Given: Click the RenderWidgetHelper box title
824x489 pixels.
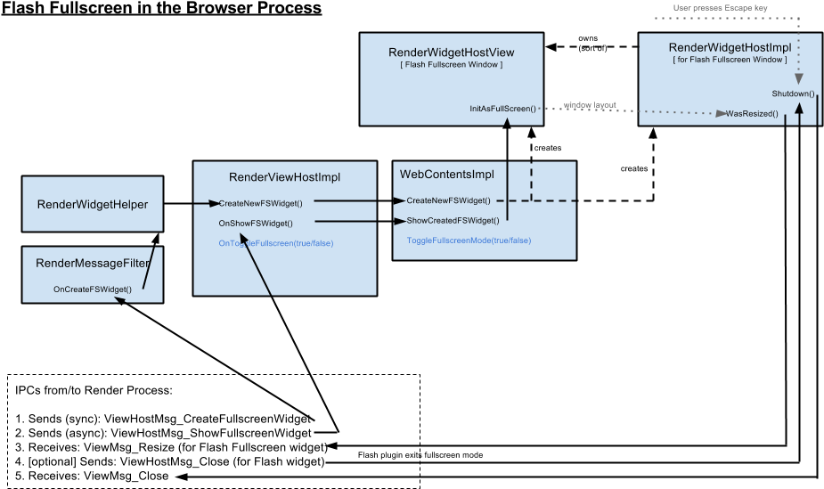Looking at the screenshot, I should click(x=93, y=205).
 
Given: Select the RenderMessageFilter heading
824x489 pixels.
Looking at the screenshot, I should click(x=92, y=263).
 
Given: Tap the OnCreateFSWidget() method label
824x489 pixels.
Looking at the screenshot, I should click(x=93, y=289).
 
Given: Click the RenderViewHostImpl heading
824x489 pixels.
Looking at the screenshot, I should click(x=284, y=177).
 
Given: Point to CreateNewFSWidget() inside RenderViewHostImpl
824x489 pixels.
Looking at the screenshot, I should click(x=260, y=203).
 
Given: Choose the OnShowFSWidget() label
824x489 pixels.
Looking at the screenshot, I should click(x=256, y=223).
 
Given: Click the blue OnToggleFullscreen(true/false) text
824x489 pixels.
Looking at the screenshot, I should click(x=276, y=243).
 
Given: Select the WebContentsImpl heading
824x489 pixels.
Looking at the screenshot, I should click(x=447, y=175).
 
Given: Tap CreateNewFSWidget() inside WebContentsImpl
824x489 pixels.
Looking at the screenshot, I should click(x=448, y=200).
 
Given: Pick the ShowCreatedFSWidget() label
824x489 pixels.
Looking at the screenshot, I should click(x=453, y=220).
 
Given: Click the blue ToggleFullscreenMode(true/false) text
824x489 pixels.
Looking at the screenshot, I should click(x=469, y=240).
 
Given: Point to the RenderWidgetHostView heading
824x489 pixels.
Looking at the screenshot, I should click(x=451, y=53).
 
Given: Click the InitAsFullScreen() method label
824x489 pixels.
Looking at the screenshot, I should click(x=502, y=109).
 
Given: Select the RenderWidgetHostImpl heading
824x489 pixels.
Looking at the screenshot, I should click(x=730, y=47).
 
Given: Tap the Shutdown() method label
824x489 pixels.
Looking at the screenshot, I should click(x=793, y=94).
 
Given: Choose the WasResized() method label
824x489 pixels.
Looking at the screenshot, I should click(x=752, y=114).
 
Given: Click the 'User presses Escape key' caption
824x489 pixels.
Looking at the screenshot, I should click(x=720, y=8).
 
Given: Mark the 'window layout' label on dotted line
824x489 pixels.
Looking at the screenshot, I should click(x=590, y=105).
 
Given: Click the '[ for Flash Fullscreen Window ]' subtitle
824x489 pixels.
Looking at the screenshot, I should click(x=729, y=60).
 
